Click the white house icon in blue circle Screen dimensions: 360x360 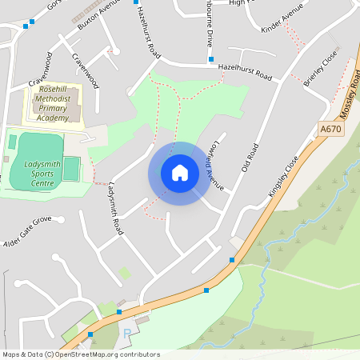[x=179, y=173]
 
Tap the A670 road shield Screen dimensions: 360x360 [x=330, y=129]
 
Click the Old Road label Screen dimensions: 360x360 [x=251, y=158]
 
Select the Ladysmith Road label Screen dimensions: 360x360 [x=114, y=209]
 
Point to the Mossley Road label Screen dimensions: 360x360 [x=350, y=94]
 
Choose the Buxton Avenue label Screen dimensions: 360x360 [x=98, y=14]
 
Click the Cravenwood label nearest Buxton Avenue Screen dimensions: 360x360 [x=84, y=70]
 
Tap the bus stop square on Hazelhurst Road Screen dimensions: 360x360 [x=211, y=59]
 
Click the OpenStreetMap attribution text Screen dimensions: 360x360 [x=81, y=354]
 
